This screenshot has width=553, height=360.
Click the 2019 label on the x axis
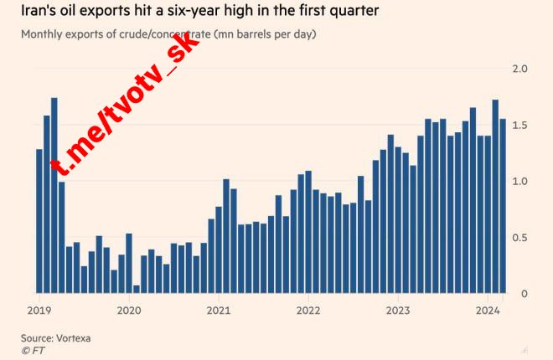point(39,309)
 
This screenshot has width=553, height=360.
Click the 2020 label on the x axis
point(128,309)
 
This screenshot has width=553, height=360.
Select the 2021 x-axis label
point(218,309)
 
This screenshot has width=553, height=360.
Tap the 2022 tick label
point(308,309)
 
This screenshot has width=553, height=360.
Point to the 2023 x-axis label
point(398,309)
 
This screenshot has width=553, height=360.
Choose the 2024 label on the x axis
point(488,309)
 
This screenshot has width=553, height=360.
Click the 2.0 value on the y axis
point(519,69)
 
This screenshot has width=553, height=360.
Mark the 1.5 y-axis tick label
point(519,125)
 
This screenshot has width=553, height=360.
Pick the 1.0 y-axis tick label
point(519,182)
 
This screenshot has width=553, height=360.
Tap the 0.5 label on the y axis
point(519,238)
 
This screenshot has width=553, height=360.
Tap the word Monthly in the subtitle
point(45,34)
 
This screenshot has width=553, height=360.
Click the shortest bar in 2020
point(137,289)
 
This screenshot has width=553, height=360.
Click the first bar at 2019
point(39,221)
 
